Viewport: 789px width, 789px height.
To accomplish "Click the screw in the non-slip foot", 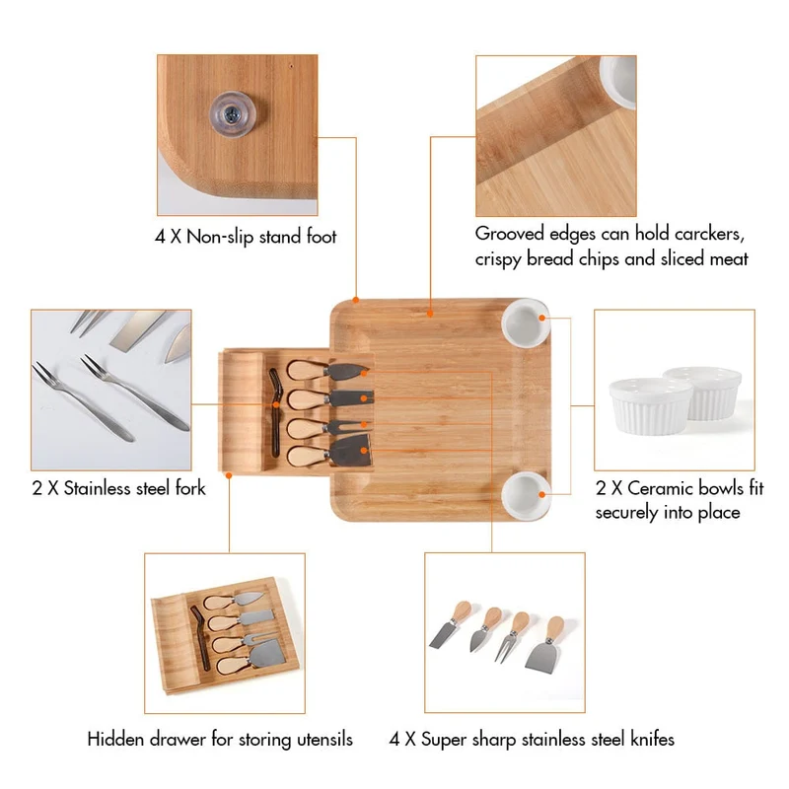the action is click(232, 113).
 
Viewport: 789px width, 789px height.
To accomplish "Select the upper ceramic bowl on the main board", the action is click(526, 323).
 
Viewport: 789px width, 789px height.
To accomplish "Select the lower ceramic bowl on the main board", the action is click(526, 496).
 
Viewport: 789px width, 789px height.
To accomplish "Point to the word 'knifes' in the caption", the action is click(652, 739).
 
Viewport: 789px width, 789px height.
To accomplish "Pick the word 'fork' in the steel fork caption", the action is click(190, 487).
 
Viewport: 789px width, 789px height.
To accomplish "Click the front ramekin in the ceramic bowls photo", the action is click(650, 406).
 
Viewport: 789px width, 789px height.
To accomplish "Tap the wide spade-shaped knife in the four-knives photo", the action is click(544, 644).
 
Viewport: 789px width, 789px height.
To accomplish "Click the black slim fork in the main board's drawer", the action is click(275, 412).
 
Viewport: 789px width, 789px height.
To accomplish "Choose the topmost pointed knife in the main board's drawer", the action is click(327, 371).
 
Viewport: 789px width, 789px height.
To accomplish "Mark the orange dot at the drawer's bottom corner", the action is click(229, 475).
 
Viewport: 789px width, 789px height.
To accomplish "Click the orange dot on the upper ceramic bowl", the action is click(541, 318).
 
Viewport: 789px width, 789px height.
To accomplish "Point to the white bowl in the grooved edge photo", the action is click(619, 81).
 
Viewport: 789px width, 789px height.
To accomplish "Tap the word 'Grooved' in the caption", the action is click(510, 234).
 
